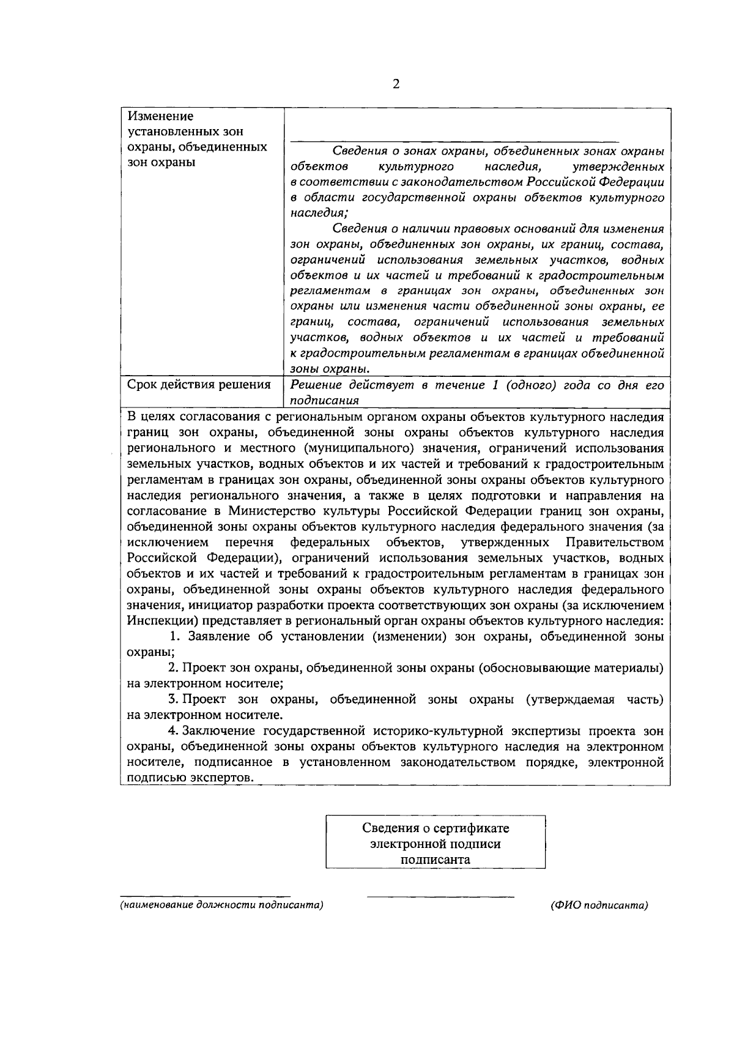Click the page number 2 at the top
395,85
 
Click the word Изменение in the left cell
160,116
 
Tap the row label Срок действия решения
199,385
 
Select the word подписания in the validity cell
324,401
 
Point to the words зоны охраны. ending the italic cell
329,369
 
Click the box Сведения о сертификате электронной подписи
436,843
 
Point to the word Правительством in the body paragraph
615,543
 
